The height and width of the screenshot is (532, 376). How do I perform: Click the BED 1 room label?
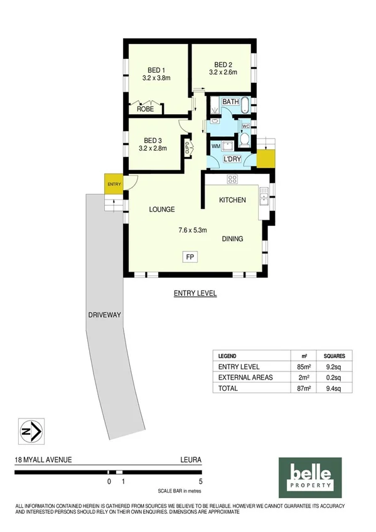click(156, 70)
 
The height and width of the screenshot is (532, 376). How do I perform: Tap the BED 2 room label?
click(223, 64)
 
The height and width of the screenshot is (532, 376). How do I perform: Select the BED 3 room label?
click(153, 140)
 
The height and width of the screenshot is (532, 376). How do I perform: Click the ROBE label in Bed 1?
click(145, 109)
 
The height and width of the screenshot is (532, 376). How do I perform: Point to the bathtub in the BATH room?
click(244, 105)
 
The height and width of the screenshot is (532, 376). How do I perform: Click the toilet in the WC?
click(245, 139)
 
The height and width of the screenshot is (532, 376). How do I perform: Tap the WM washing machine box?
click(215, 146)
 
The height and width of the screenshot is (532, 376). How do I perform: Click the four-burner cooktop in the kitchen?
click(232, 179)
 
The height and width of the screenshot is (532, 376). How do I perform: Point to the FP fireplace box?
click(188, 256)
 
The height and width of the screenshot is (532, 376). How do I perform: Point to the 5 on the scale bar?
click(200, 482)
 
